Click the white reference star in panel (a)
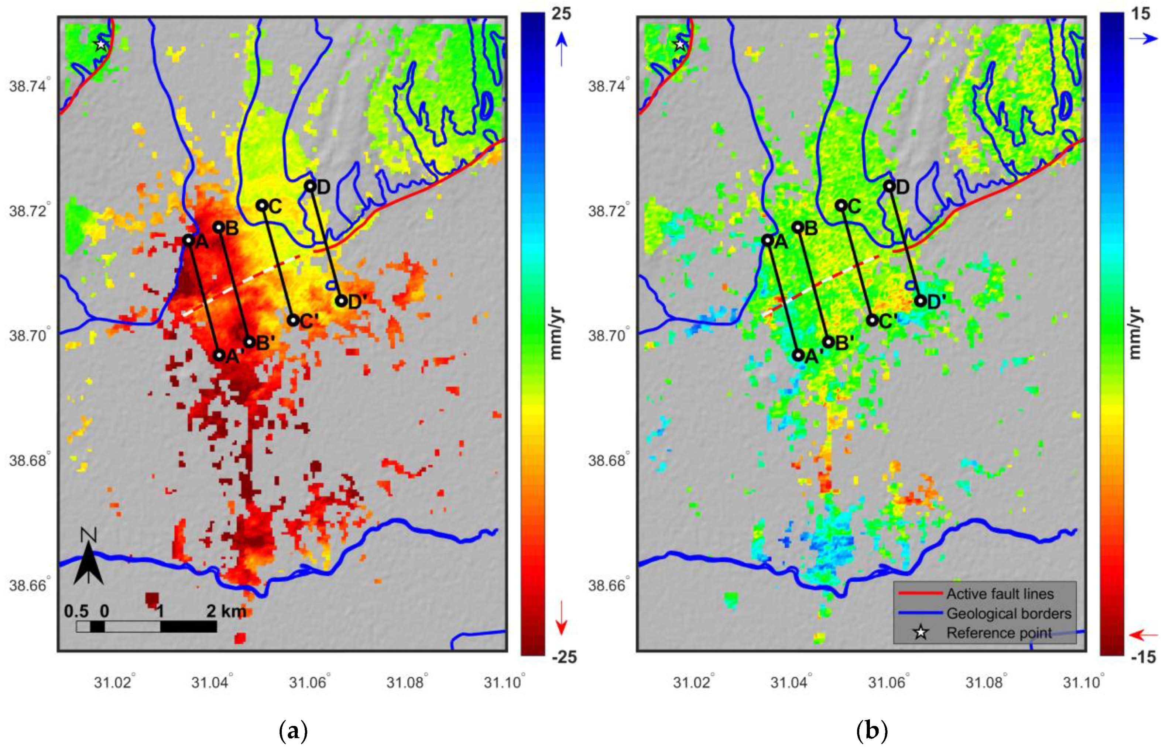pos(100,45)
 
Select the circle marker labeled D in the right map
pos(889,186)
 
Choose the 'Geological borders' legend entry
pos(1008,613)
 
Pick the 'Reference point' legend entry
pos(999,633)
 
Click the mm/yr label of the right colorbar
pos(1135,333)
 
